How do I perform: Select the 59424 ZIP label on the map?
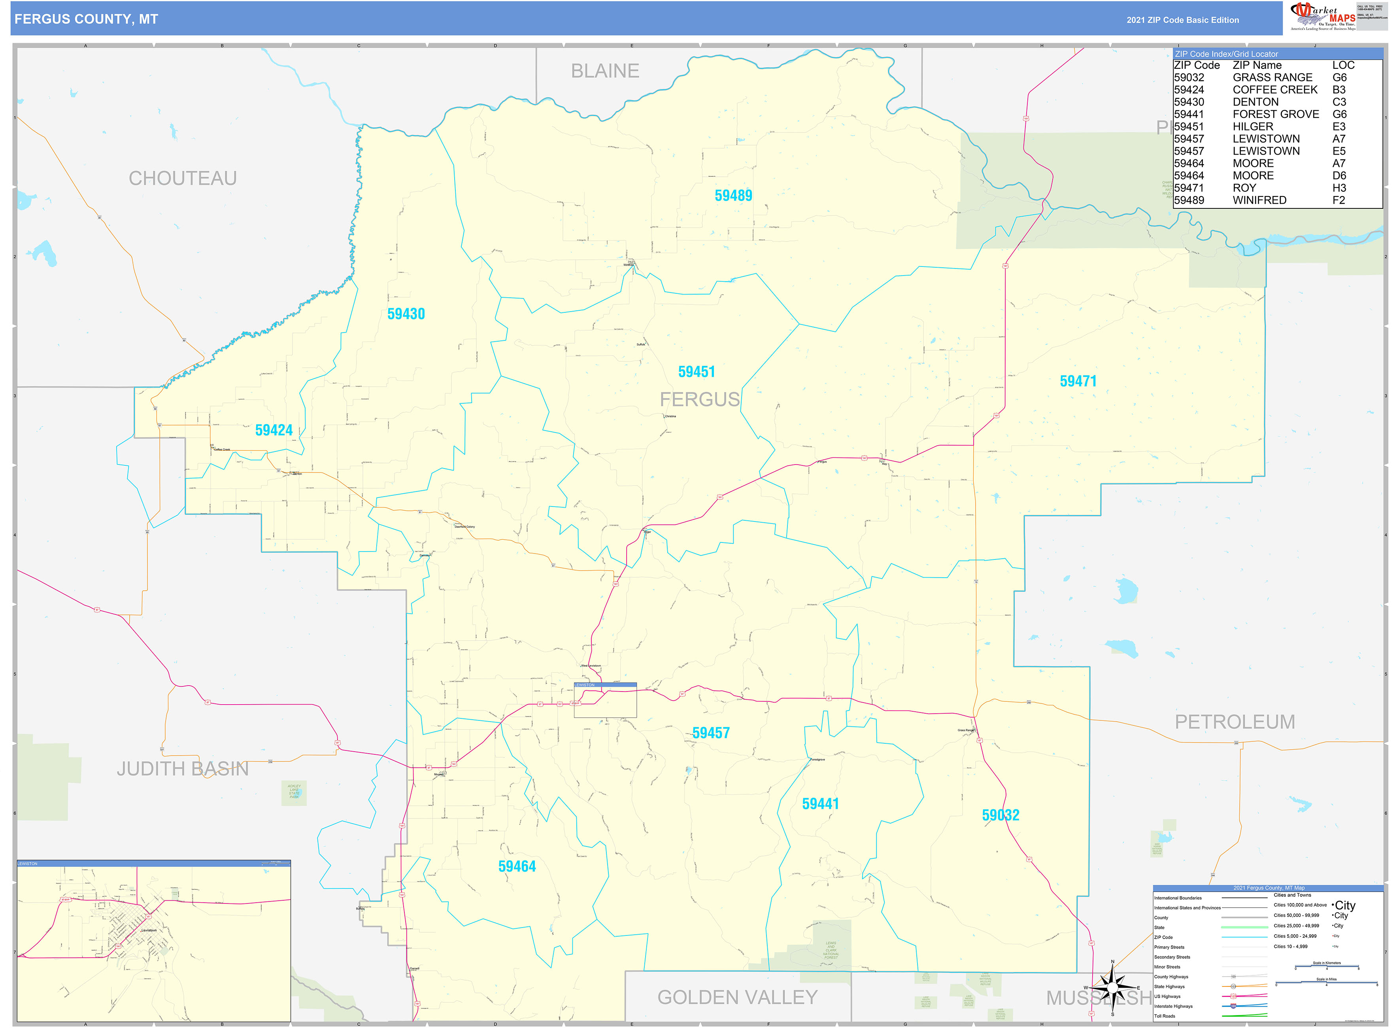coord(274,431)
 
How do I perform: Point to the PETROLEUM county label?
coord(1235,722)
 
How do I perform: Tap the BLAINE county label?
coord(605,71)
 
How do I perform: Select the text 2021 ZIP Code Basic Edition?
coord(1182,20)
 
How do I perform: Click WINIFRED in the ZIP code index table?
coord(1259,200)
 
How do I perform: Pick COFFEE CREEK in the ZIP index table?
coord(1274,90)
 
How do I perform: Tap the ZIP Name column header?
coord(1257,65)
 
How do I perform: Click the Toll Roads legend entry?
coord(1165,1016)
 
